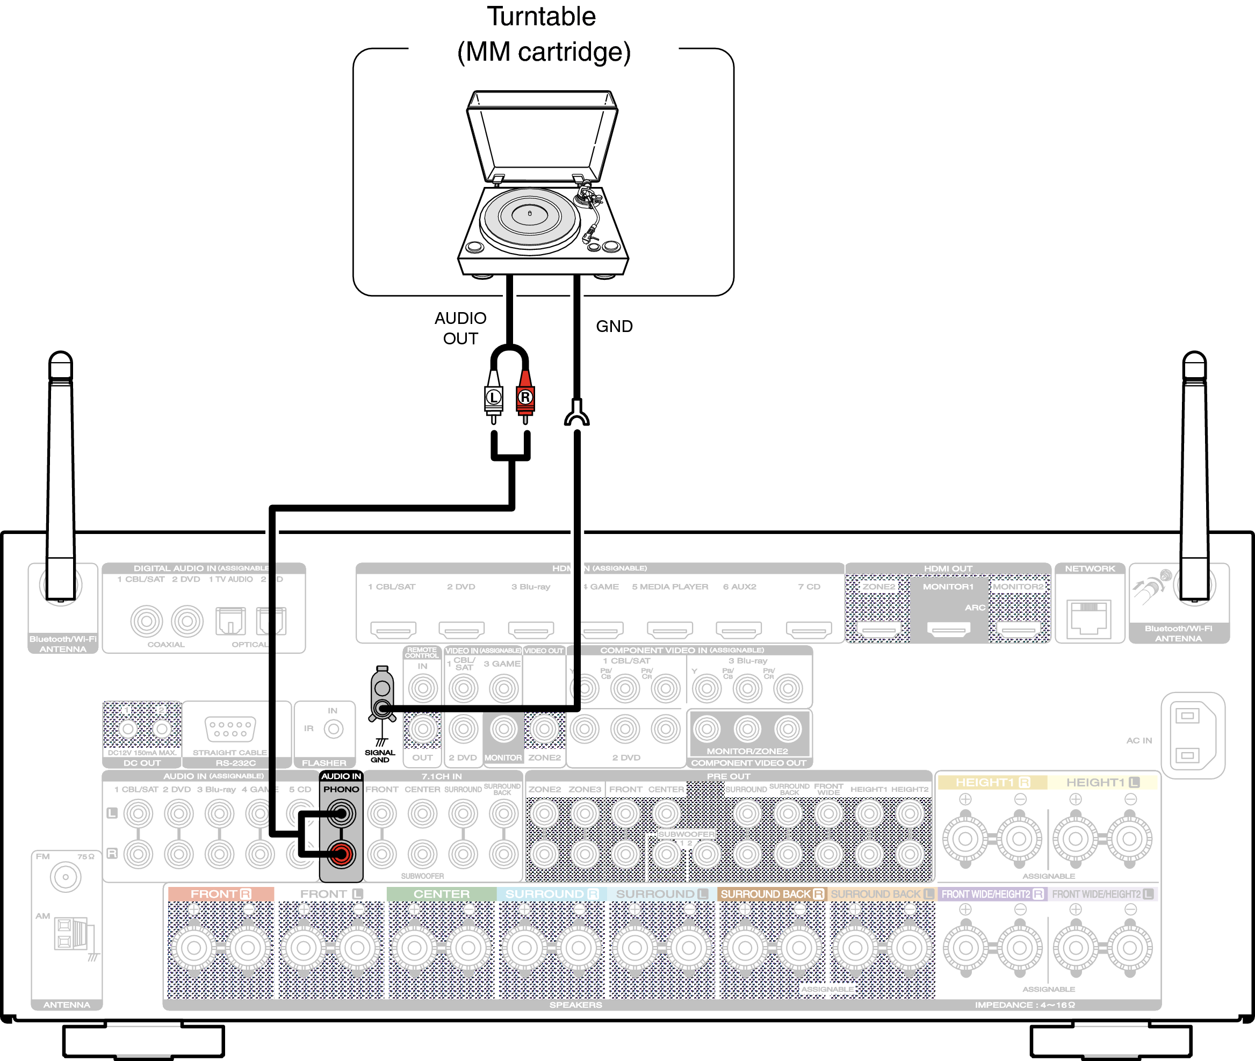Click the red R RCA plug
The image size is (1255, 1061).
click(525, 397)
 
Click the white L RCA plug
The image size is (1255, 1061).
click(493, 397)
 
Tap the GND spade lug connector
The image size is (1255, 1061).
click(576, 414)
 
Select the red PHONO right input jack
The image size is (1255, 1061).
click(341, 854)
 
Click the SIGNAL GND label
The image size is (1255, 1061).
click(379, 756)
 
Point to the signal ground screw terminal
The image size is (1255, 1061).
click(383, 708)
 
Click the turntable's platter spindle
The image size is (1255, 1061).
click(529, 213)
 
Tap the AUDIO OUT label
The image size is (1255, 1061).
click(460, 328)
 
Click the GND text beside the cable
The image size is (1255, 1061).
click(614, 326)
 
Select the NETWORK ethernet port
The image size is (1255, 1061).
click(1089, 618)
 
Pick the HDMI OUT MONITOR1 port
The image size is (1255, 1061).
click(948, 629)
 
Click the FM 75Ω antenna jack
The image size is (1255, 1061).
click(66, 876)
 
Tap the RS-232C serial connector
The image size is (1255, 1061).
click(230, 729)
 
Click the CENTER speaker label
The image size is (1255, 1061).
click(442, 894)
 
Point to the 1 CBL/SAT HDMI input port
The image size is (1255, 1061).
click(393, 630)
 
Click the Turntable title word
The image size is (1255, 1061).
click(540, 16)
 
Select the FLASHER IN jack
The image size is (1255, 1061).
click(333, 729)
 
